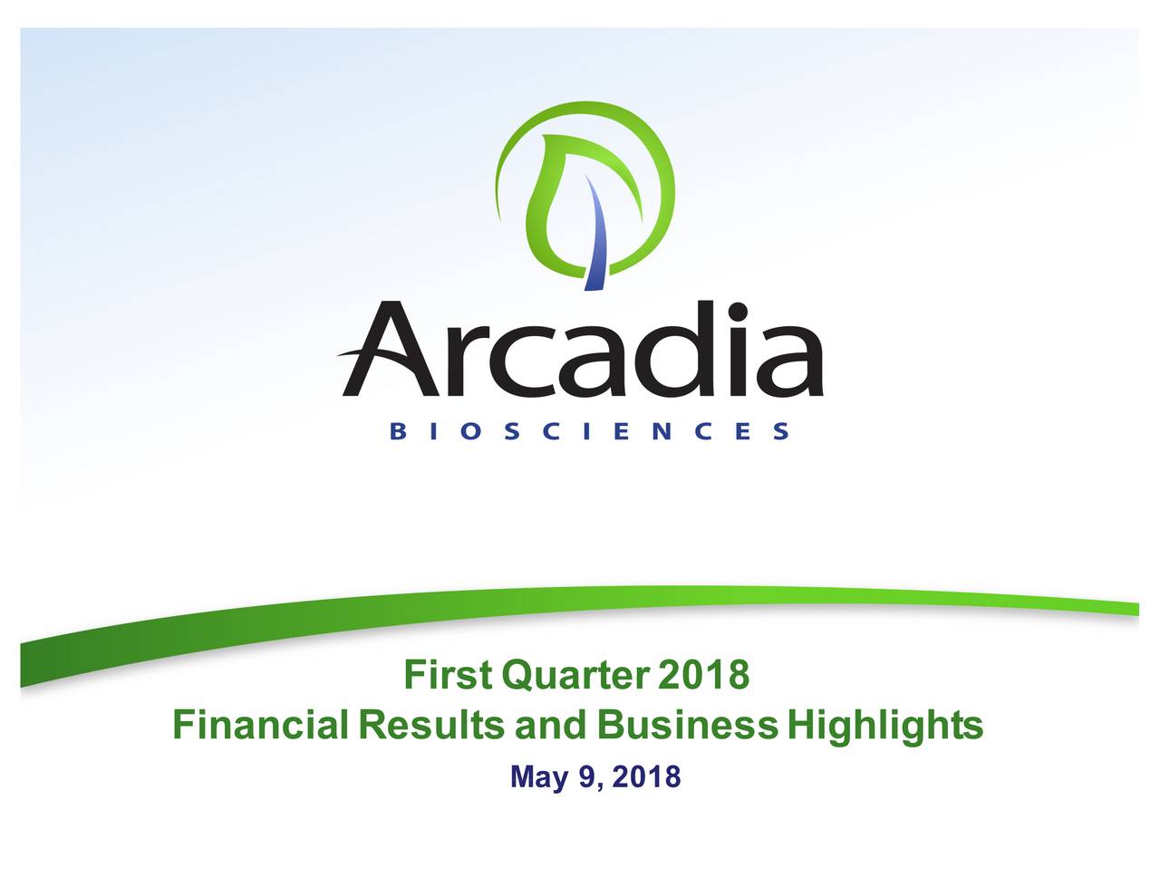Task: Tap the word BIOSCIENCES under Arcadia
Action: pyautogui.click(x=589, y=430)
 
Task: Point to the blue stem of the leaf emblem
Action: pyautogui.click(x=597, y=235)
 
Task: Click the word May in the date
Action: pyautogui.click(x=540, y=777)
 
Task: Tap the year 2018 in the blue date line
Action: pyautogui.click(x=646, y=776)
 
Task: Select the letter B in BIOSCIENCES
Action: pyautogui.click(x=398, y=430)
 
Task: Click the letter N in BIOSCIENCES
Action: pyautogui.click(x=662, y=430)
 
